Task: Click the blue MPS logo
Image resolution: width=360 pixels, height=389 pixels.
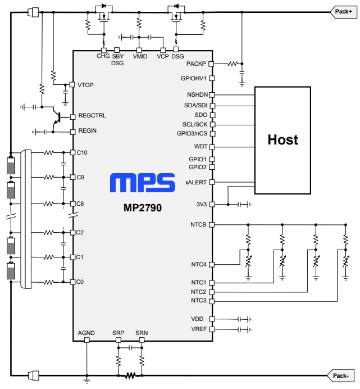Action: pos(143,184)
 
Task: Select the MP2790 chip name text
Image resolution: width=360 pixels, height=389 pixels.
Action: pos(143,207)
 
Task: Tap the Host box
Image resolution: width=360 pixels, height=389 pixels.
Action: pos(282,139)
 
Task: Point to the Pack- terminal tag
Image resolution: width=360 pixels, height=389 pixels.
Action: pos(341,375)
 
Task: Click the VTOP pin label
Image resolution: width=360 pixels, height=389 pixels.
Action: pos(86,85)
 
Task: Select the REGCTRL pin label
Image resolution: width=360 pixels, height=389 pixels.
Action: pos(92,116)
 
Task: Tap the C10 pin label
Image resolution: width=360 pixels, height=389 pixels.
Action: pos(83,152)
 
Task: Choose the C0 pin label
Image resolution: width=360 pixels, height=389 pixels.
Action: pos(81,282)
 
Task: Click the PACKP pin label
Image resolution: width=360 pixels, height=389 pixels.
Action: pos(197,64)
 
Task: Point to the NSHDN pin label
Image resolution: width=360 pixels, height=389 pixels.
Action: pos(197,95)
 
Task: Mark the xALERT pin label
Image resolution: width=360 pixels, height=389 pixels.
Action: pos(196,183)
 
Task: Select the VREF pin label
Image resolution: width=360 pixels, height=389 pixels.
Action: pos(199,329)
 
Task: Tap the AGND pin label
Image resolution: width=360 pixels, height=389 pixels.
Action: pos(86,333)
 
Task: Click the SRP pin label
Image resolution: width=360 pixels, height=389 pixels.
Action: pos(118,333)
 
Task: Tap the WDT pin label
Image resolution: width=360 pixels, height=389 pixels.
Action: pos(200,147)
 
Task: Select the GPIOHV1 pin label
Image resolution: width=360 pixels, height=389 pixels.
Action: pos(194,79)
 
